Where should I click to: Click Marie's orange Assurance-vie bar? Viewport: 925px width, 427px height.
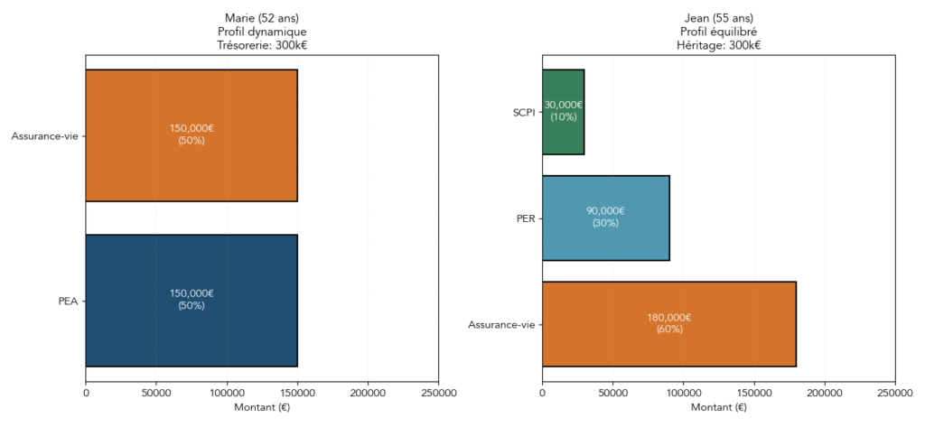click(x=192, y=135)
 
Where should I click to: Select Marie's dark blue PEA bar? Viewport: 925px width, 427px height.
click(x=192, y=301)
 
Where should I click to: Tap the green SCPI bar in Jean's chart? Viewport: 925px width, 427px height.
click(x=563, y=112)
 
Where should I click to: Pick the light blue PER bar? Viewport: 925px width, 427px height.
click(x=605, y=218)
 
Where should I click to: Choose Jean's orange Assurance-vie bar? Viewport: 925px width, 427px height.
click(x=668, y=323)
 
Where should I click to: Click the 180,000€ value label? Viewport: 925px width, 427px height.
click(x=668, y=318)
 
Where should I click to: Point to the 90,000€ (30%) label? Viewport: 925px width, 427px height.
click(x=605, y=217)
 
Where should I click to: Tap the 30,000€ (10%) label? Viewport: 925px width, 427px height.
click(x=563, y=111)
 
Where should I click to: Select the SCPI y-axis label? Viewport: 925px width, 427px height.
click(x=524, y=112)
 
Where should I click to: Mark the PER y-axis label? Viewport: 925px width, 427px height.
click(x=526, y=218)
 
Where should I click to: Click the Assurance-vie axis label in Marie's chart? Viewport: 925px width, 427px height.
click(x=44, y=136)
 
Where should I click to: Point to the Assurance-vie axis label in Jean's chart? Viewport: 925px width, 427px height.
click(x=500, y=324)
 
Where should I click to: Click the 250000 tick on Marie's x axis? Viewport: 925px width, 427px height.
click(x=438, y=394)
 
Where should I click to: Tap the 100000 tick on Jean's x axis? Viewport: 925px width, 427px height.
click(x=683, y=394)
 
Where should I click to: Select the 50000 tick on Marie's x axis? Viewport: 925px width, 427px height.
click(x=156, y=394)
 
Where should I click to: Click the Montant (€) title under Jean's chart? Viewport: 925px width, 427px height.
click(x=718, y=408)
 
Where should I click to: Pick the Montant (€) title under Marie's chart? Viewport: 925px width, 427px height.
click(x=262, y=408)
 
